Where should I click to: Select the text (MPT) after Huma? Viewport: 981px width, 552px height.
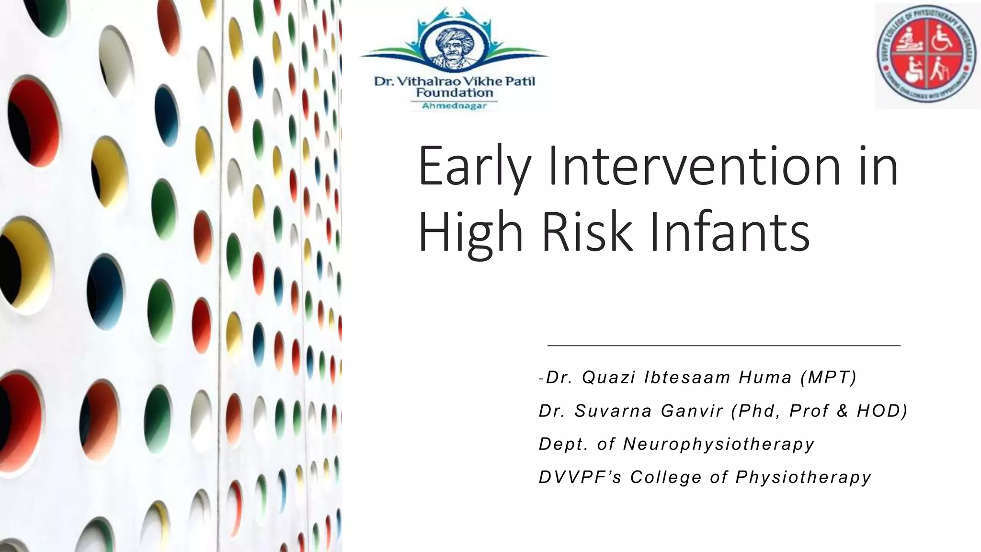pos(828,378)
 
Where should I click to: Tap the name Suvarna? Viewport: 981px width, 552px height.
pos(613,411)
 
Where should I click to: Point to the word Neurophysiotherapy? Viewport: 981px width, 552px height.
pos(719,445)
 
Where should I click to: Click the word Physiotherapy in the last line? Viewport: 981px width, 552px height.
pos(803,478)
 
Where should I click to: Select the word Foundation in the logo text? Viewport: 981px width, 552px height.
pos(454,92)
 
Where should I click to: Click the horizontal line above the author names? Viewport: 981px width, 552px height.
pos(723,345)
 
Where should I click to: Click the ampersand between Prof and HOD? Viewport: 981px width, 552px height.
pos(843,411)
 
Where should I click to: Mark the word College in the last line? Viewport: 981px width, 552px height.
pos(665,478)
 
